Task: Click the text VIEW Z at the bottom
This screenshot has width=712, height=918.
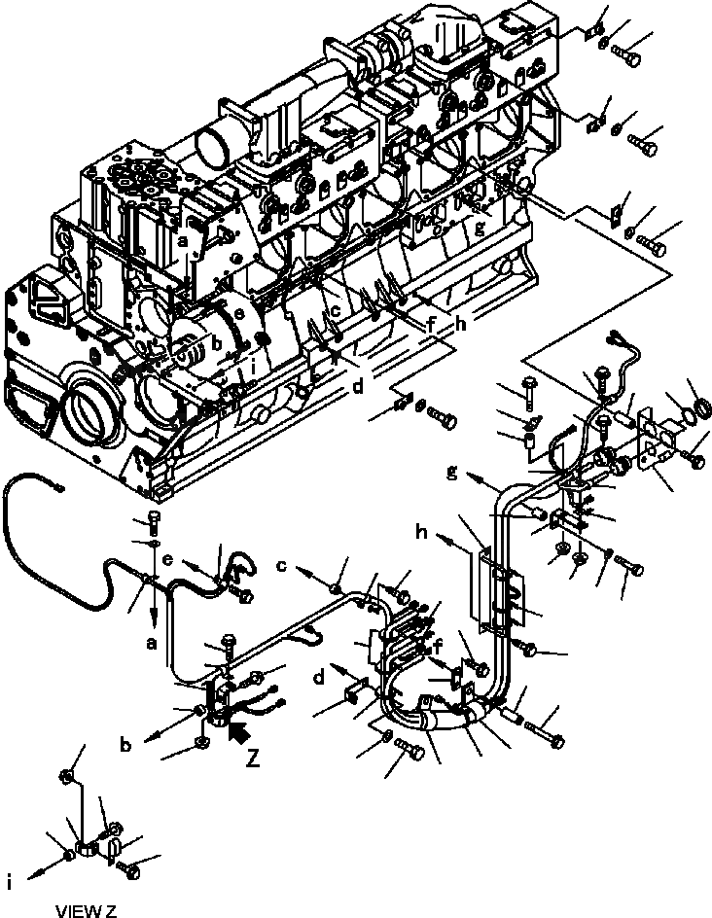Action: (86, 910)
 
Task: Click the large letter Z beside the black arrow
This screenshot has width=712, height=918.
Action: (253, 758)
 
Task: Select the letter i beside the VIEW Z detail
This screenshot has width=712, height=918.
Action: (9, 883)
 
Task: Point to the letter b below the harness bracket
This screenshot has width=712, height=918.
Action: (125, 747)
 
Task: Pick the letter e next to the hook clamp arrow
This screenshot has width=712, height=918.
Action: (167, 562)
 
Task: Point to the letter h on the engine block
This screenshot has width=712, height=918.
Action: (459, 326)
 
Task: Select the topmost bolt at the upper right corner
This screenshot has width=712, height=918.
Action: (629, 57)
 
